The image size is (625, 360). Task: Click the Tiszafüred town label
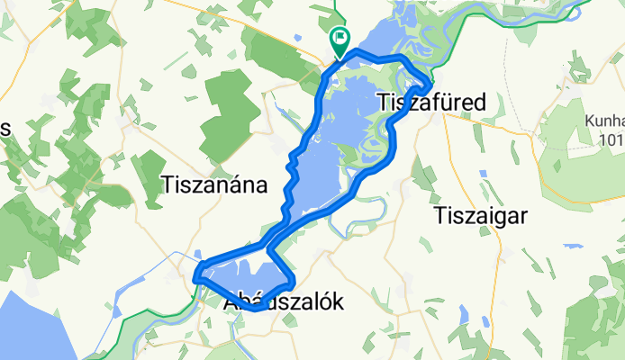point(429,102)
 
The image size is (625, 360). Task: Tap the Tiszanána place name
point(215,185)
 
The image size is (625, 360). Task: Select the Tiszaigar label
point(479,215)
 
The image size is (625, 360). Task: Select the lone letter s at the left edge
point(5,129)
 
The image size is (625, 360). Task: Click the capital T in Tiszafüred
point(379,102)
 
